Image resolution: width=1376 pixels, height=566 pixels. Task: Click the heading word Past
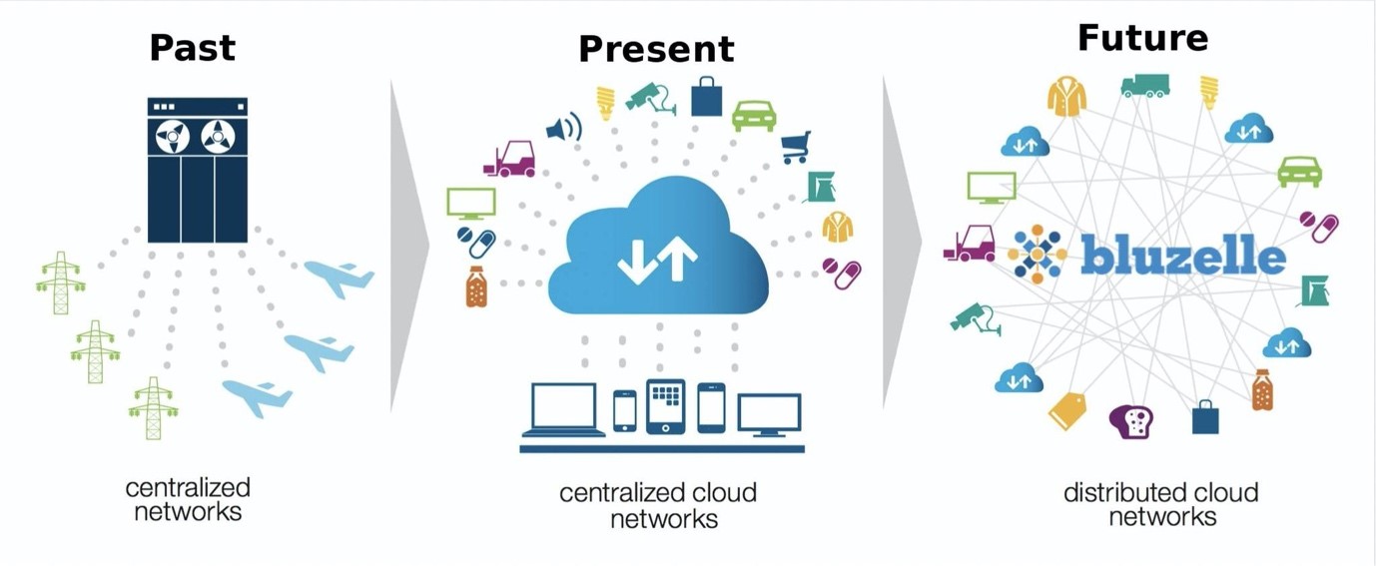pos(193,48)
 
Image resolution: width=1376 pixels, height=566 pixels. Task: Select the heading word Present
pos(656,49)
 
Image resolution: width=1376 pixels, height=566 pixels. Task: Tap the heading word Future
pos(1142,38)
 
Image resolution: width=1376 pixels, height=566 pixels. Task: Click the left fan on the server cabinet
pos(173,137)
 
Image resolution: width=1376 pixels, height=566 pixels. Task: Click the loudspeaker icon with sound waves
pos(564,129)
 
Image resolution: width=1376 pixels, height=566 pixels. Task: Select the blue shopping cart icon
pos(796,148)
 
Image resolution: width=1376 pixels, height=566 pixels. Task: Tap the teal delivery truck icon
pos(1145,86)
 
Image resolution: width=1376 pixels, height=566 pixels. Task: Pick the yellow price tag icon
pos(1067,410)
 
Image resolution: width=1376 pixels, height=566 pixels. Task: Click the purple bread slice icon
pos(1131,421)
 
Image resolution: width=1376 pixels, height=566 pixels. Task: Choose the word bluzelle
pos(1182,255)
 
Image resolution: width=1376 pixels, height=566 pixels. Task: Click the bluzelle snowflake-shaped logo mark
pos(1037,255)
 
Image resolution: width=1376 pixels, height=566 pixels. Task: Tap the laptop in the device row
pos(563,410)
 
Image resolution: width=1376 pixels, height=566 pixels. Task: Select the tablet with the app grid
pos(666,406)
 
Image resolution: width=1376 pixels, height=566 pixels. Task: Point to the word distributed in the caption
pos(1119,492)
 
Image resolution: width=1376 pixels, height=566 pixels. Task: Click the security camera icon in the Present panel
pos(651,98)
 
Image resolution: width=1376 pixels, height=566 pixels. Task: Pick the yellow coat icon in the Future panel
pos(1066,97)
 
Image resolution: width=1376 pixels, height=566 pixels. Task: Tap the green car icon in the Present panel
pos(754,116)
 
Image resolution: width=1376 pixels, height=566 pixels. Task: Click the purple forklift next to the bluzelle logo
pos(970,244)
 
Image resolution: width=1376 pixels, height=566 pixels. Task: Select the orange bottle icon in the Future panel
pos(1262,390)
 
